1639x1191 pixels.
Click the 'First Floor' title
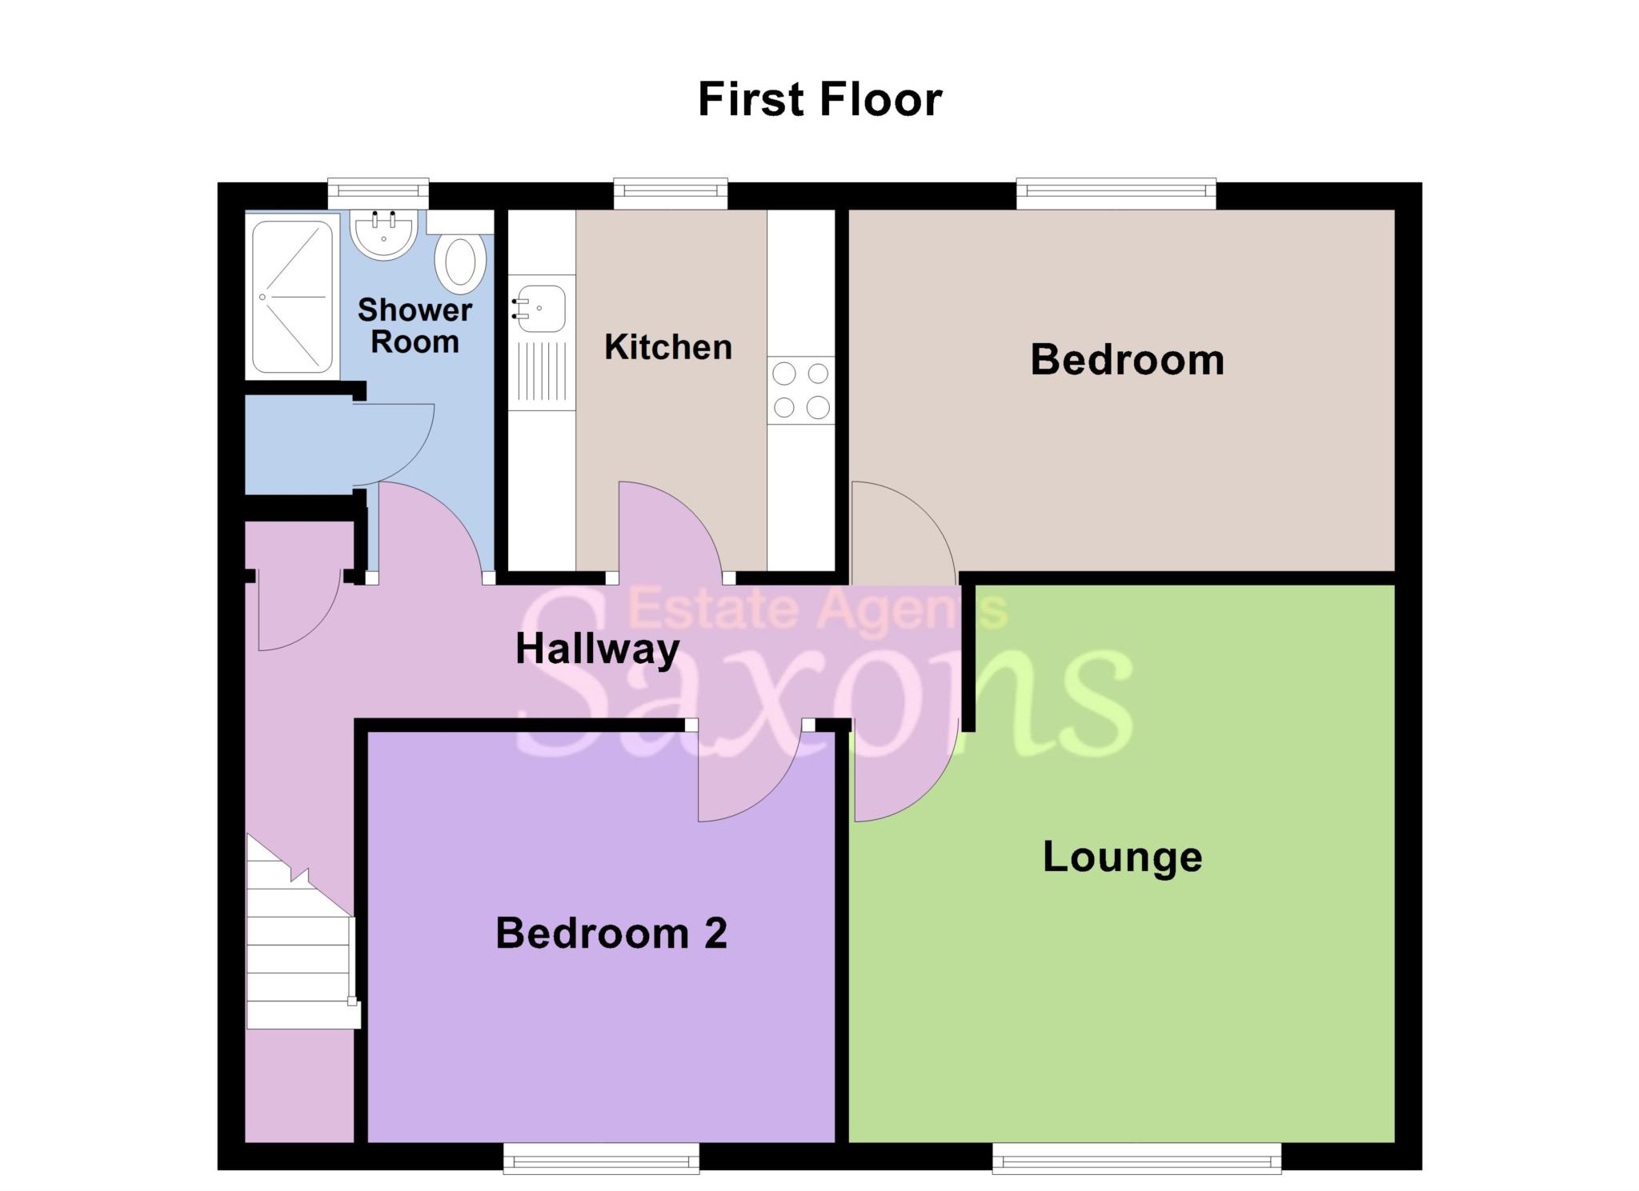click(819, 100)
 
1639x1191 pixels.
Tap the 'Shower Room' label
click(415, 326)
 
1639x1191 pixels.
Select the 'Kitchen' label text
click(668, 347)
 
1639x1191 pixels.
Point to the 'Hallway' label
click(597, 649)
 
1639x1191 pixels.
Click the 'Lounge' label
click(1122, 857)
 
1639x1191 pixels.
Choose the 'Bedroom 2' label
click(611, 933)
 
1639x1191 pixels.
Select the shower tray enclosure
click(292, 297)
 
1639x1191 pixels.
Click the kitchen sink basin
click(541, 308)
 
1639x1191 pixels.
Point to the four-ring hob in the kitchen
click(800, 390)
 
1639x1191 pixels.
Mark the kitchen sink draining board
click(542, 371)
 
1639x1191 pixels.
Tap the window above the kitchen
click(671, 192)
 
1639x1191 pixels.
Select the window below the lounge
click(1136, 1158)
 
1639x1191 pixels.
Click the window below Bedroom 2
click(601, 1158)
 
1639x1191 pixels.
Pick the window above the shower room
click(379, 192)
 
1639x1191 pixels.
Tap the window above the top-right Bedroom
click(1116, 192)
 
